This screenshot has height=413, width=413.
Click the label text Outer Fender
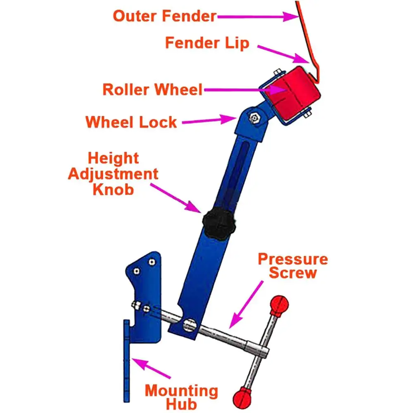164,17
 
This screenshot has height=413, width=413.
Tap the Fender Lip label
207,43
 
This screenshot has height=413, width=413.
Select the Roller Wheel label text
152,89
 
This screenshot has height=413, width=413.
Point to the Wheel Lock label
131,122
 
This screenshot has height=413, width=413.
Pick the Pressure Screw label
293,266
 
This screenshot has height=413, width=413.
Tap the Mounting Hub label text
182,396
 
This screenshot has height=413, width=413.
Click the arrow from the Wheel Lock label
209,121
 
